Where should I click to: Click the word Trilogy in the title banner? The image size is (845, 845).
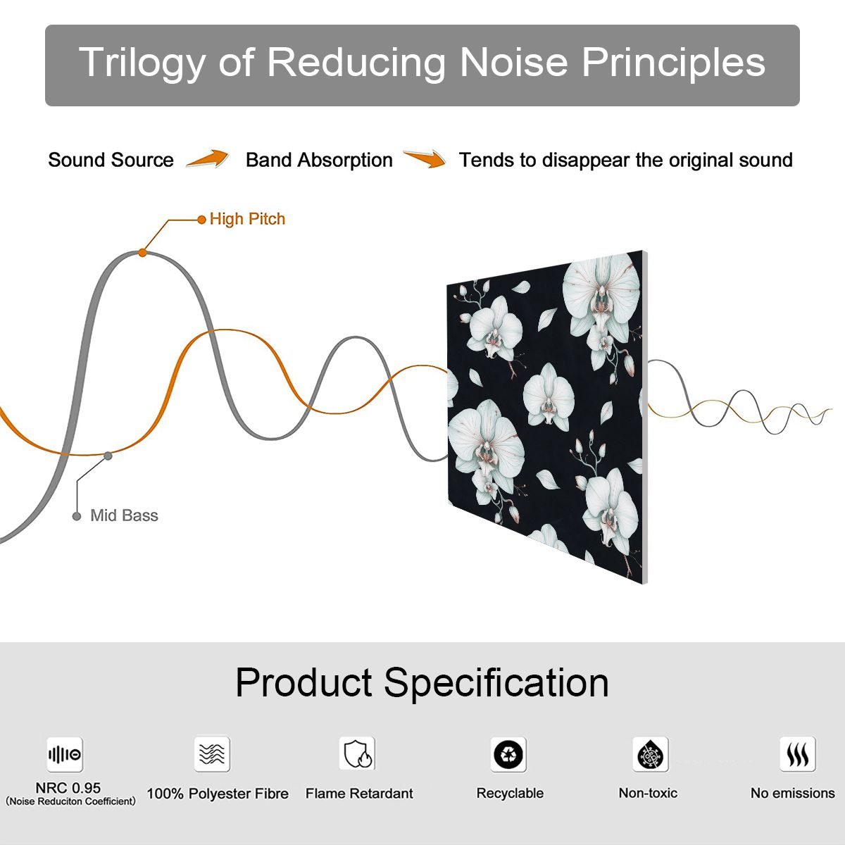(x=142, y=63)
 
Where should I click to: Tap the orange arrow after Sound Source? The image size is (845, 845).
(x=208, y=158)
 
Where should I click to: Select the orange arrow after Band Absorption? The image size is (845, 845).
(x=425, y=158)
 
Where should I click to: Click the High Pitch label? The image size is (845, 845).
(x=247, y=219)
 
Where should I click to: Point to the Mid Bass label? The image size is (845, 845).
(x=124, y=515)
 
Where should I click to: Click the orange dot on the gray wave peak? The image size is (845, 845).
(x=142, y=253)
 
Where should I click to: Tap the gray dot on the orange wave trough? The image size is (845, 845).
(x=108, y=456)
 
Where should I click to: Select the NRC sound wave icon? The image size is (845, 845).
(x=65, y=754)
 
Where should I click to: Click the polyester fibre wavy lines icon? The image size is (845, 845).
(x=212, y=753)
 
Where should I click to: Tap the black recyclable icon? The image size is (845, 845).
(x=508, y=754)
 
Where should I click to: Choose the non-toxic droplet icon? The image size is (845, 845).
(x=651, y=754)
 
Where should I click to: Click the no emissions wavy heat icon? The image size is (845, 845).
(x=798, y=753)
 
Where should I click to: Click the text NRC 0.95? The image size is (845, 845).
(x=68, y=788)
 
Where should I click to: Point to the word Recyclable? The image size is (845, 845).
(x=510, y=793)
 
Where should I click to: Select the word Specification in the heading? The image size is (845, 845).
(x=496, y=684)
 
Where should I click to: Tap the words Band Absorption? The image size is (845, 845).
(x=319, y=160)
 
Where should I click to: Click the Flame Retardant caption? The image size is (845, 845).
(x=359, y=794)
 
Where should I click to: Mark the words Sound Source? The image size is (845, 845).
(x=111, y=160)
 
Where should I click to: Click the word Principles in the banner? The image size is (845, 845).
(x=674, y=63)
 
